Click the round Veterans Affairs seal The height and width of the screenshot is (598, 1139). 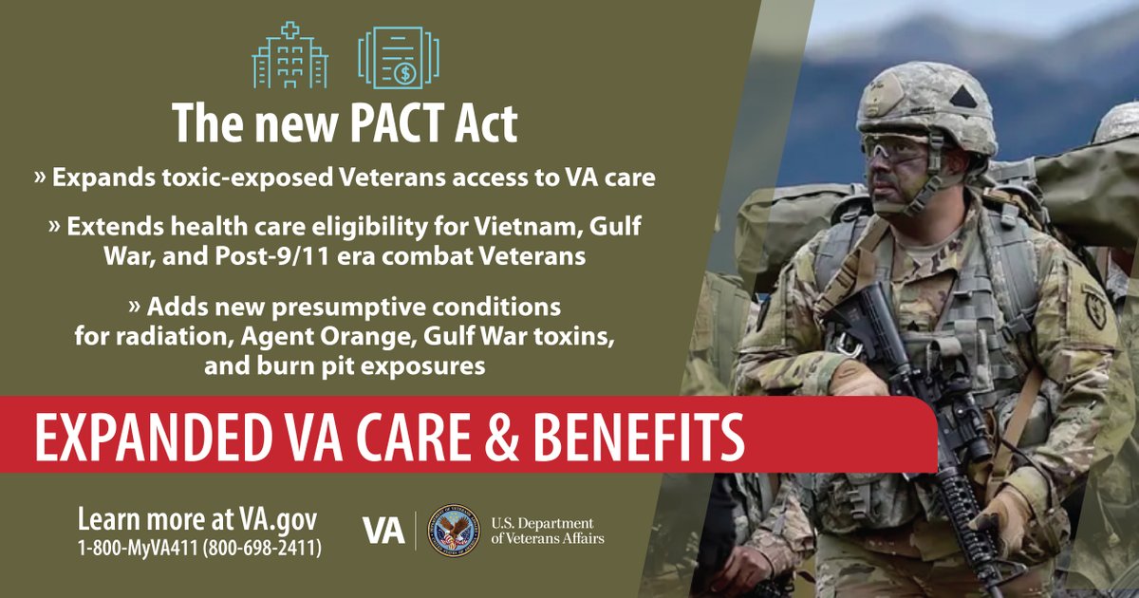454,531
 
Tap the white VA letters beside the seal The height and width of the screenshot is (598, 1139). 384,531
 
